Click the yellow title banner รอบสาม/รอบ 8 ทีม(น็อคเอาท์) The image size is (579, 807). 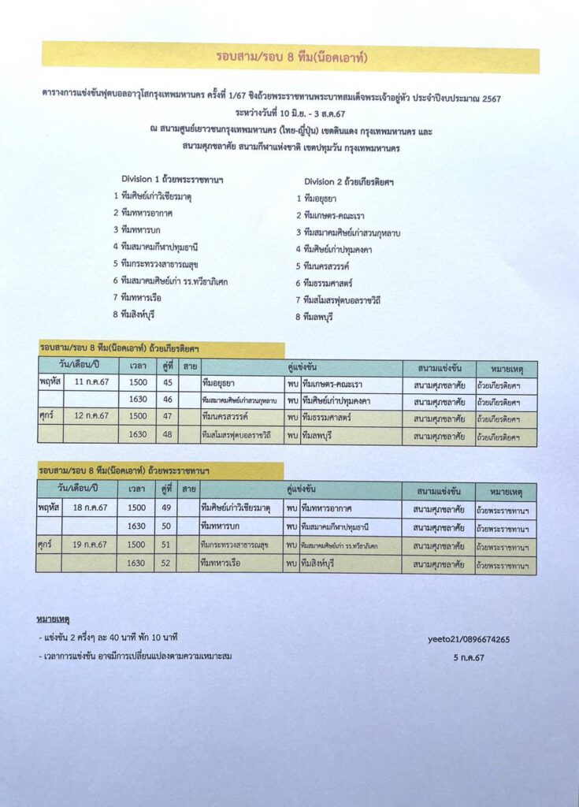click(291, 58)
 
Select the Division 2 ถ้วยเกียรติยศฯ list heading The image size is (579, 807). click(349, 181)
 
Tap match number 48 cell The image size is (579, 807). click(167, 434)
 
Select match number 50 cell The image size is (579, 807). click(166, 526)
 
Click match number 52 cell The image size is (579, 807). click(166, 563)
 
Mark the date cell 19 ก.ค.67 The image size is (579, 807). click(89, 545)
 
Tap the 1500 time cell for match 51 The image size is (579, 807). click(137, 545)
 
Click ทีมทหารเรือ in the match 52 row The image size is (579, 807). click(224, 563)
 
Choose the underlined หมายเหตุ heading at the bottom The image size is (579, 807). click(53, 619)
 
